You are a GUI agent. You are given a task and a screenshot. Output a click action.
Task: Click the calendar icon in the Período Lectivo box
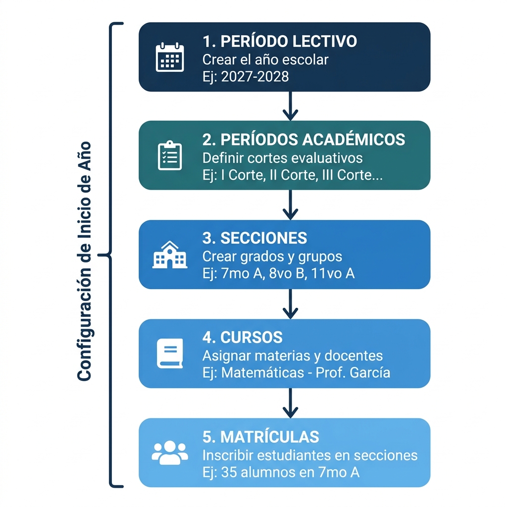170,57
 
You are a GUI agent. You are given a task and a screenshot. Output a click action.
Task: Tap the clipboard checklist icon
170,155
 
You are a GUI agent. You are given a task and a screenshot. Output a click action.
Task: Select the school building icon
170,254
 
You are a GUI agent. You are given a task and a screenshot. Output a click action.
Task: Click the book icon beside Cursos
170,354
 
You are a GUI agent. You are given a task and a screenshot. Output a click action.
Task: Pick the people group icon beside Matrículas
170,452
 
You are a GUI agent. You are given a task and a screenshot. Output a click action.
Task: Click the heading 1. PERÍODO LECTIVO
279,41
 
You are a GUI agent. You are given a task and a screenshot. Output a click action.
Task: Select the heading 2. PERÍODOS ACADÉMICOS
304,140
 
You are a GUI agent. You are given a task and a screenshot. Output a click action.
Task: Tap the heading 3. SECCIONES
254,238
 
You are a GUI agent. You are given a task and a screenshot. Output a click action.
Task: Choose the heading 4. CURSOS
242,338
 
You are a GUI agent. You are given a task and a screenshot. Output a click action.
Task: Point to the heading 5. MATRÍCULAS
260,437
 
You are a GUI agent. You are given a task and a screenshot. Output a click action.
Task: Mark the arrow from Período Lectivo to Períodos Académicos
290,106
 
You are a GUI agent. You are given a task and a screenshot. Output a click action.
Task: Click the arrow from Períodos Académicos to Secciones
290,205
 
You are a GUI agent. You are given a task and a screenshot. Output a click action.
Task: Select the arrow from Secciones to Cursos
290,304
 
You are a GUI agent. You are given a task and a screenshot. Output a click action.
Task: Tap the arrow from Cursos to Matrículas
290,403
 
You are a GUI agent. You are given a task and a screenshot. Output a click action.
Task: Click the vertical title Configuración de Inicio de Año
85,261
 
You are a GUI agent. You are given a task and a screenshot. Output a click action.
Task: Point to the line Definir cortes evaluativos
282,158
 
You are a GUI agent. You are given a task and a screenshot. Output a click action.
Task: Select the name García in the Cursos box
369,373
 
